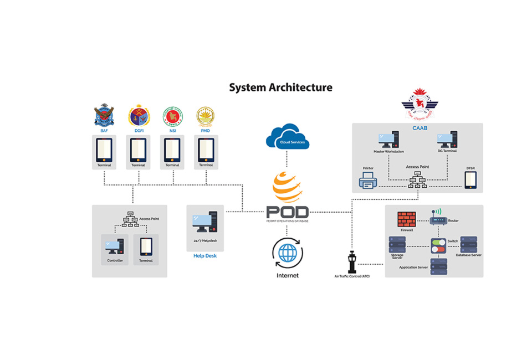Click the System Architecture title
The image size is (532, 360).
tap(281, 88)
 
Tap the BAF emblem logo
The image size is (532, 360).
tap(104, 115)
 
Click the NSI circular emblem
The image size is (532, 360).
tap(172, 116)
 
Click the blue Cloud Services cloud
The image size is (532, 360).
tap(287, 137)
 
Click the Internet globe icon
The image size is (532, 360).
tap(287, 253)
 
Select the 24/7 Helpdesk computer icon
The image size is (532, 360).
tap(205, 223)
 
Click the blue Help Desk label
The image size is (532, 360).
tap(205, 256)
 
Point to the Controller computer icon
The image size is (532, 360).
tap(115, 246)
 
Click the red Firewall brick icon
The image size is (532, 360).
tap(407, 219)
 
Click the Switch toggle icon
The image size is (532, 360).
tap(438, 245)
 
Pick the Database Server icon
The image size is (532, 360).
tap(468, 244)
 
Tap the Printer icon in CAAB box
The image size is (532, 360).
tap(368, 180)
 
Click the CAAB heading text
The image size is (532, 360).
tap(419, 128)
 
